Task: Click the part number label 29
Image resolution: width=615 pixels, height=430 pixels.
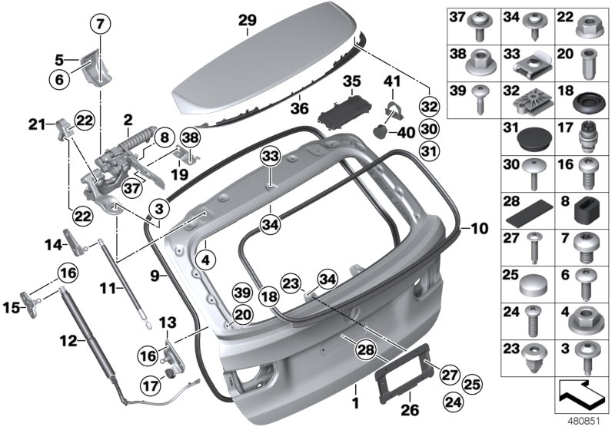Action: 247,20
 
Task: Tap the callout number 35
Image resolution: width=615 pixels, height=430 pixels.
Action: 351,81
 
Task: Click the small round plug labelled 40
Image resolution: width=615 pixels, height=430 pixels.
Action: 381,132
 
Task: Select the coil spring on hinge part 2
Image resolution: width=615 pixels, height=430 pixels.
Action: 135,141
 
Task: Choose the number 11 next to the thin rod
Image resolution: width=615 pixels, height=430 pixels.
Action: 107,288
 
